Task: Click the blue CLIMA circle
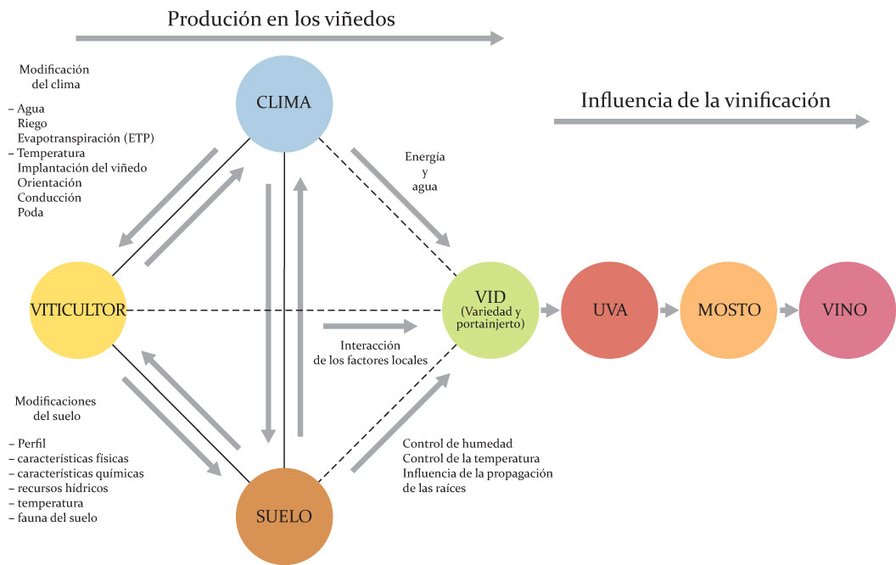pyautogui.click(x=283, y=104)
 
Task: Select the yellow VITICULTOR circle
pyautogui.click(x=77, y=310)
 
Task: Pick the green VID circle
pyautogui.click(x=490, y=310)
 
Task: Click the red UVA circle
pyautogui.click(x=610, y=310)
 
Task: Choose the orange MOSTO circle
pyautogui.click(x=729, y=310)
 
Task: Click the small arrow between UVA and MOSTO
pyautogui.click(x=669, y=310)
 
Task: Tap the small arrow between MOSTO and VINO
pyautogui.click(x=788, y=310)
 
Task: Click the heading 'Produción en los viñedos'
pyautogui.click(x=281, y=19)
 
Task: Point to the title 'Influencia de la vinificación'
pyautogui.click(x=705, y=100)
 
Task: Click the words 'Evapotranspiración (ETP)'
pyautogui.click(x=86, y=138)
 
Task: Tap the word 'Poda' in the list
pyautogui.click(x=30, y=212)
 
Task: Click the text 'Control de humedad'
pyautogui.click(x=457, y=444)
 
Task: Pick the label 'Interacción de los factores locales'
pyautogui.click(x=370, y=353)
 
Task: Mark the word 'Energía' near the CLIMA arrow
pyautogui.click(x=425, y=157)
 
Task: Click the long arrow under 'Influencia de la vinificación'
pyautogui.click(x=711, y=121)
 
